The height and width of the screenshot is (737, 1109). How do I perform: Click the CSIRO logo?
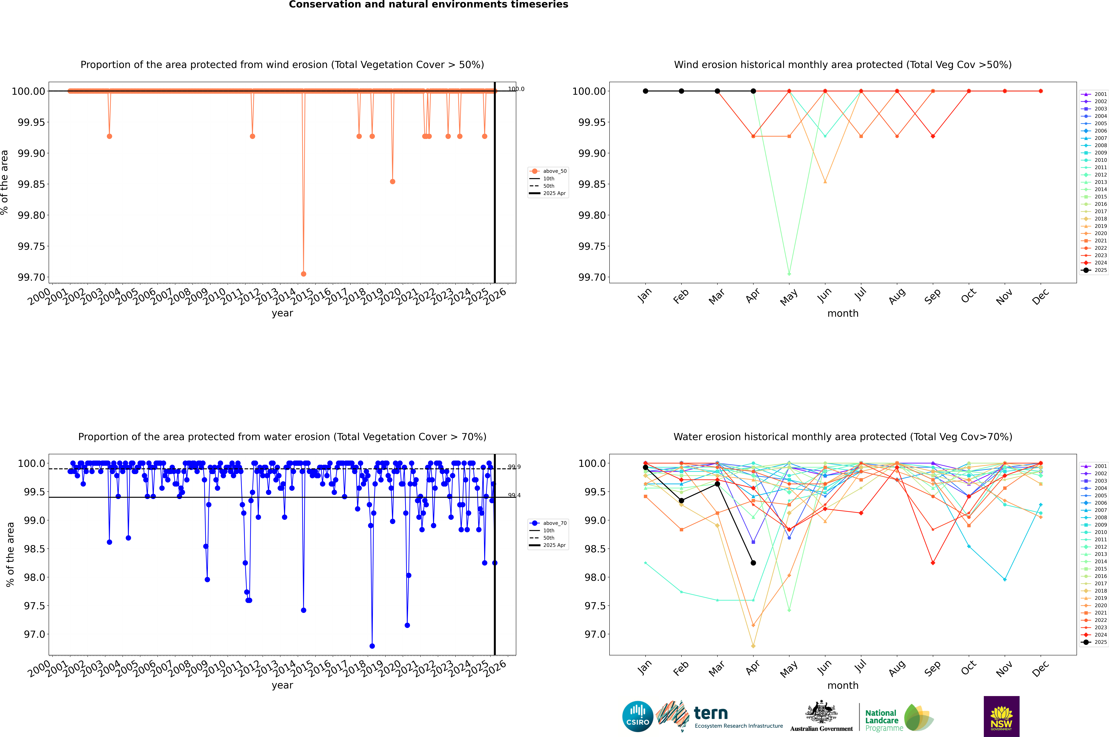tap(637, 716)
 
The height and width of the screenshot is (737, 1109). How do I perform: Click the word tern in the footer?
tap(711, 714)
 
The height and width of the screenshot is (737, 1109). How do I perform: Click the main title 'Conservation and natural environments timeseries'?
tap(428, 5)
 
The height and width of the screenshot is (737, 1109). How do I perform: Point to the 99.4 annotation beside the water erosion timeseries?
tap(514, 495)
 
